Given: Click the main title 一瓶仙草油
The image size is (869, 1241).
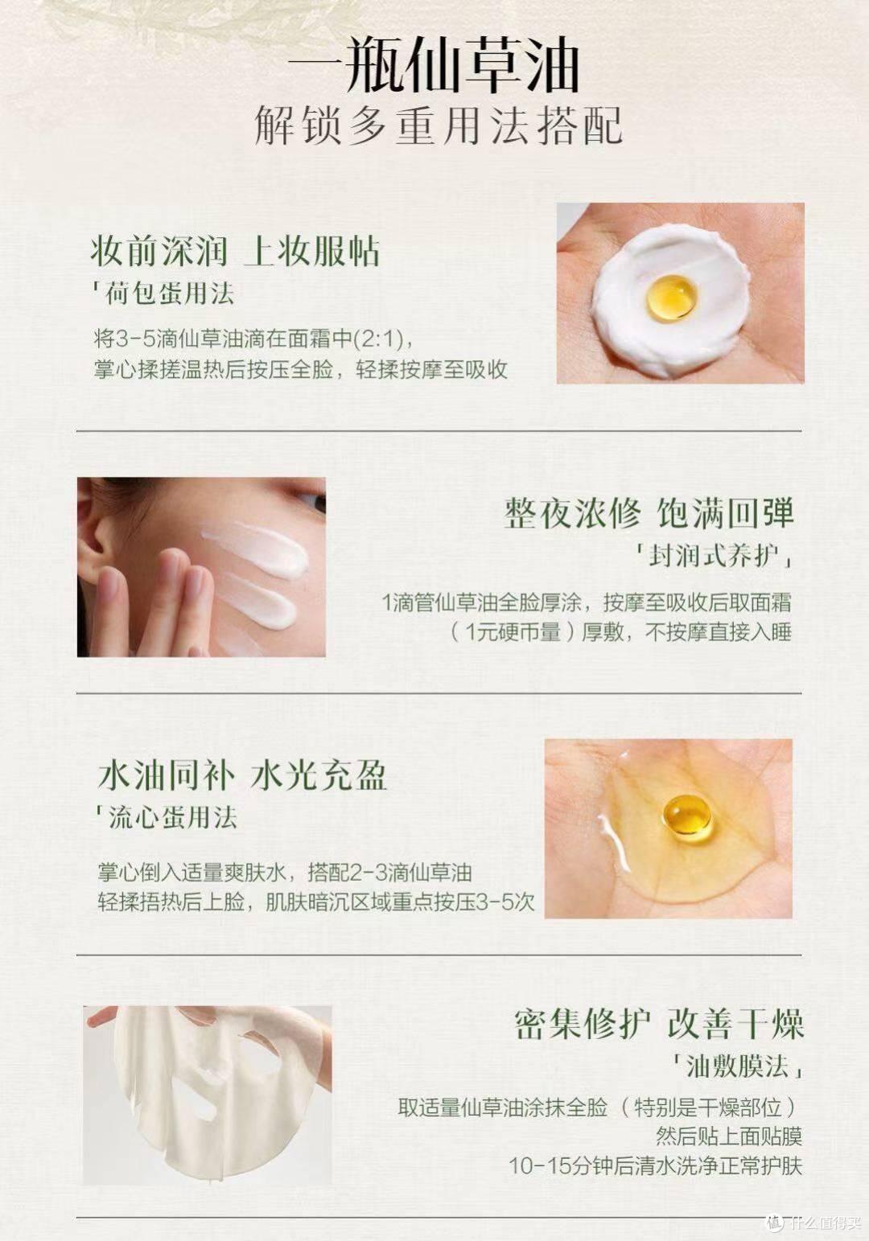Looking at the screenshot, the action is click(x=434, y=65).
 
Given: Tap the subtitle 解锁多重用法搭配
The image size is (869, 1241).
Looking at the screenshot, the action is click(x=439, y=126).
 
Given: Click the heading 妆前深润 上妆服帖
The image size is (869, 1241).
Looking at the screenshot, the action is click(x=235, y=252).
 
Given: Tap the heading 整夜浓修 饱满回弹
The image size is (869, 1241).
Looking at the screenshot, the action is click(x=649, y=512).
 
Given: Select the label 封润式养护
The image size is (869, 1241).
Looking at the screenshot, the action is click(x=713, y=556).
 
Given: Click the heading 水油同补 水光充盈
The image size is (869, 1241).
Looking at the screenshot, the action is click(x=242, y=775).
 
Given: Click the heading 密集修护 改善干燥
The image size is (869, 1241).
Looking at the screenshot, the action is click(x=659, y=1025).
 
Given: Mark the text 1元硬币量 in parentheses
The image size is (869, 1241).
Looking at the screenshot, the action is click(x=513, y=632).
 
